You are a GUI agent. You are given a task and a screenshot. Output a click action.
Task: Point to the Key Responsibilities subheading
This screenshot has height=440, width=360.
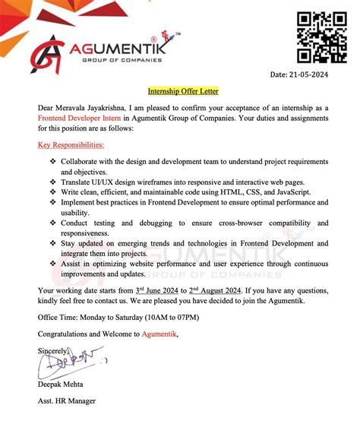(x=71, y=144)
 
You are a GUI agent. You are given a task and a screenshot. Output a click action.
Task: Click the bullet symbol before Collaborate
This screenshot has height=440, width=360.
(x=52, y=162)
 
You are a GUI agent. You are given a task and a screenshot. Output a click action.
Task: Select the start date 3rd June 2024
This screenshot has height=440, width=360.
(x=161, y=290)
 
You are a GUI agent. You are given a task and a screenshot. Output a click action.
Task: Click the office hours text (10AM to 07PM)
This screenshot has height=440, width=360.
(x=178, y=317)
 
